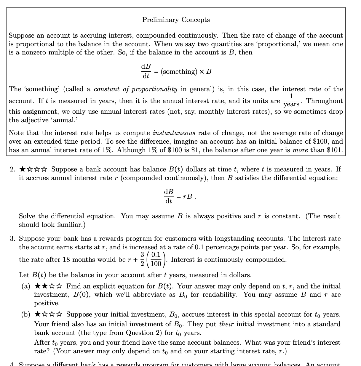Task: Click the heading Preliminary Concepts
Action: click(x=176, y=20)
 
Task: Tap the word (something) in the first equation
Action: click(x=179, y=72)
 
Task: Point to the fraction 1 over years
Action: click(x=291, y=101)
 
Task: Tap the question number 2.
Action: click(x=12, y=169)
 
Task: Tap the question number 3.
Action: click(x=12, y=239)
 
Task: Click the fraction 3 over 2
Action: click(x=142, y=259)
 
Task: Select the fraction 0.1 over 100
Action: click(x=156, y=259)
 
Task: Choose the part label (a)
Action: click(x=26, y=286)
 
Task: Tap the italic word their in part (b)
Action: click(x=226, y=324)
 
